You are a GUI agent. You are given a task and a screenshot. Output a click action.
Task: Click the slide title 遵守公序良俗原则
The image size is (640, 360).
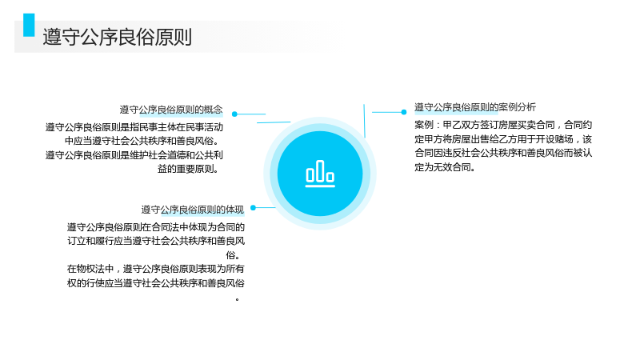117,37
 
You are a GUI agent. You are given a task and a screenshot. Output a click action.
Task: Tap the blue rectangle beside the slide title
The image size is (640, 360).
29,26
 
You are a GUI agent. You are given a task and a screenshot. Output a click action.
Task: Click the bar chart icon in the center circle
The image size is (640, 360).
320,174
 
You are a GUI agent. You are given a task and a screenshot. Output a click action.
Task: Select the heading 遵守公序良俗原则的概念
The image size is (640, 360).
171,110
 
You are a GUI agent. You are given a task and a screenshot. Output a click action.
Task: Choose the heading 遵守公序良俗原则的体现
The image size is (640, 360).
193,210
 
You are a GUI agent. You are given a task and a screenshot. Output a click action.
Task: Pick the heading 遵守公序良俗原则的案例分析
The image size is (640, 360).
475,107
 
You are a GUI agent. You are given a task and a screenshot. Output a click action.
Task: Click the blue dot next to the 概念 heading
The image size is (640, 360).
234,114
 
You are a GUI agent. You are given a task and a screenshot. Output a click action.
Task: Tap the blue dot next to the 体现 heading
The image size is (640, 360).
253,208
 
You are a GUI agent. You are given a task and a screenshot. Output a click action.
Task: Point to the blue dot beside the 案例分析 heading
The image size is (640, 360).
404,112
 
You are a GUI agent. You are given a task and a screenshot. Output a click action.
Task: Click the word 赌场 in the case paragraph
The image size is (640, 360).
564,139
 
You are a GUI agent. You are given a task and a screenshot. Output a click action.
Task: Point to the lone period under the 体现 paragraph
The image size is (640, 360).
237,300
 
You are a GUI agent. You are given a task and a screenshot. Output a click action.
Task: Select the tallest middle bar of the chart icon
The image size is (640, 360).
320,170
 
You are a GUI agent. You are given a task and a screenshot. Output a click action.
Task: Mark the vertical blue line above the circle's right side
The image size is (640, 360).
365,121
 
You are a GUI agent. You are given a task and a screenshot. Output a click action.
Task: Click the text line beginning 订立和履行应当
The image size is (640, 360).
156,241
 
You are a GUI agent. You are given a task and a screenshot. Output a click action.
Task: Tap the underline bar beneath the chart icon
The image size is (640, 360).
320,186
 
